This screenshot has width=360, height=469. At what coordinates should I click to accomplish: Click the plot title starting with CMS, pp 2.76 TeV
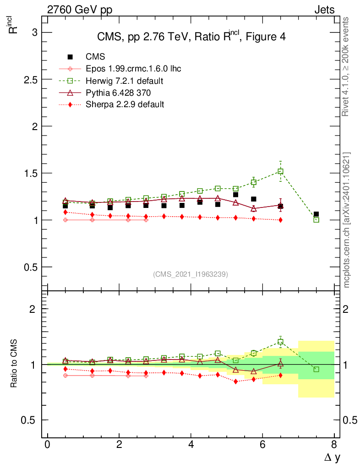(x=191, y=37)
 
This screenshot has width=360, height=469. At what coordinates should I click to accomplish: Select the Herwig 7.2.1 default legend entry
(x=125, y=81)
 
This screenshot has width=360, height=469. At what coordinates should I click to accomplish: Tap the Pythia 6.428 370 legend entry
(x=119, y=93)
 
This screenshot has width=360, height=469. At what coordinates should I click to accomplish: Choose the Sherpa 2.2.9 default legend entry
(x=125, y=104)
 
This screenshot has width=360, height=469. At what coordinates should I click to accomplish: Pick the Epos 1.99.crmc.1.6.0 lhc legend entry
(x=133, y=69)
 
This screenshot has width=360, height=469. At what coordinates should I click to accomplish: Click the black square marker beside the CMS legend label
(x=70, y=57)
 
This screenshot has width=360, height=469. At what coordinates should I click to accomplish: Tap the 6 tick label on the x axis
(x=262, y=444)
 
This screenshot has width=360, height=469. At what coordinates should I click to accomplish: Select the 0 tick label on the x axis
(x=47, y=444)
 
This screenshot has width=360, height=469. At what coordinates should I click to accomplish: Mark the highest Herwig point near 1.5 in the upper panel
(x=280, y=171)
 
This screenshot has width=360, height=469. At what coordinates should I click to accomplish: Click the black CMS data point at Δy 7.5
(x=316, y=214)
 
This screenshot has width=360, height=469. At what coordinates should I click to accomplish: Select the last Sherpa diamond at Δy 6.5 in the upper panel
(x=280, y=220)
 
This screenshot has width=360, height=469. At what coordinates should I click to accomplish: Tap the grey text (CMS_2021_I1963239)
(x=191, y=274)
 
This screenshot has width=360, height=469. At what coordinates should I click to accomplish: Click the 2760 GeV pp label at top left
(x=80, y=9)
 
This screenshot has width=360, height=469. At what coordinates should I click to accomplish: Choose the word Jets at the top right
(x=324, y=9)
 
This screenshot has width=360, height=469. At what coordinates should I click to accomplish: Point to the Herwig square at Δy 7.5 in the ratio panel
(x=316, y=369)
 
